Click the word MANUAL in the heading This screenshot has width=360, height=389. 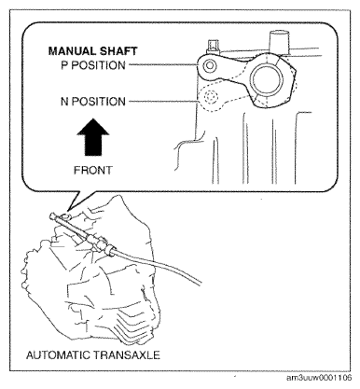pos(72,51)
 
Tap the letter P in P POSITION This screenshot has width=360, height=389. pos(64,65)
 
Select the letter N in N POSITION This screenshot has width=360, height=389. pos(64,102)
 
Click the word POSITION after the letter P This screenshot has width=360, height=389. pos(98,65)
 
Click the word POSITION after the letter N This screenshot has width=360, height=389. pos(99,102)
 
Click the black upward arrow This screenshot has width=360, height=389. pos(93,137)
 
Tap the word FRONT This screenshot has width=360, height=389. pos(93,170)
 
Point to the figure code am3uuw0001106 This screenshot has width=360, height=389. pos(319,378)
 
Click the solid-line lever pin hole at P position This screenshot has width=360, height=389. pos(209,65)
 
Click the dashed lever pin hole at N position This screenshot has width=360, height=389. pos(211,97)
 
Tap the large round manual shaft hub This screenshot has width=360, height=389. pos(267,79)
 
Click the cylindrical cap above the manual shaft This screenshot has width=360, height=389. pos(279,42)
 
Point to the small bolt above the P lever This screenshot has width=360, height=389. pos(213,46)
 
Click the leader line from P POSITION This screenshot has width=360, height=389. pos(163,65)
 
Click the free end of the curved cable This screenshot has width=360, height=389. pos(200,282)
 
